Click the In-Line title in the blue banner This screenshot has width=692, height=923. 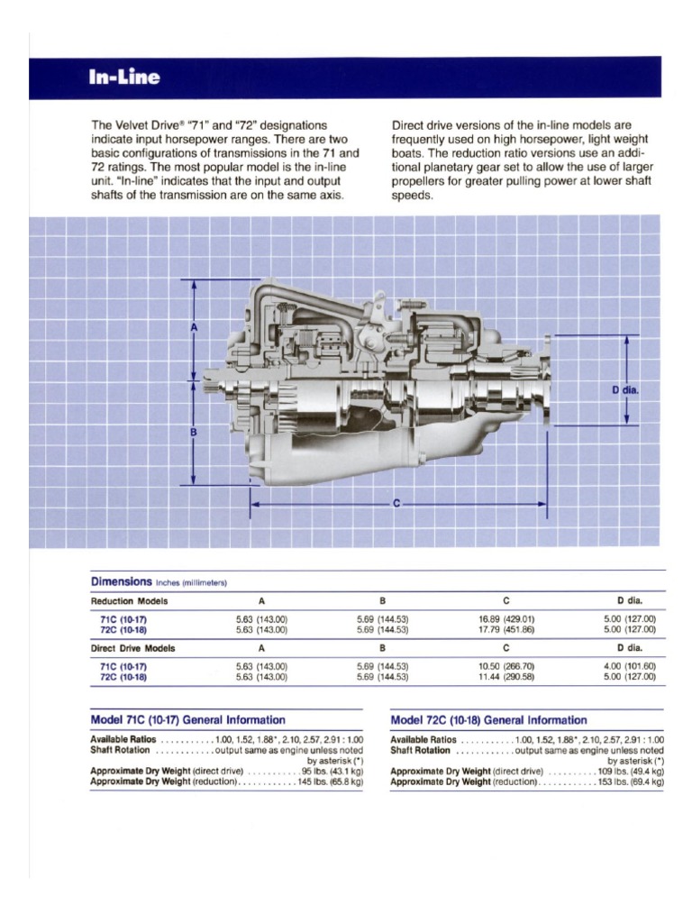[x=124, y=78]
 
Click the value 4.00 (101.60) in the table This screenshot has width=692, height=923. [x=630, y=666]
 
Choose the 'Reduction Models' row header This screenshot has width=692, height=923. [x=129, y=600]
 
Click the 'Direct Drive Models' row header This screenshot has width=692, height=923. [x=133, y=647]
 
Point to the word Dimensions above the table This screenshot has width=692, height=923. [x=122, y=581]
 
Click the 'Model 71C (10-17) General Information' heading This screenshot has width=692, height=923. [x=188, y=720]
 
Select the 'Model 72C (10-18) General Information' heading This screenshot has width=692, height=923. [x=488, y=720]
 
